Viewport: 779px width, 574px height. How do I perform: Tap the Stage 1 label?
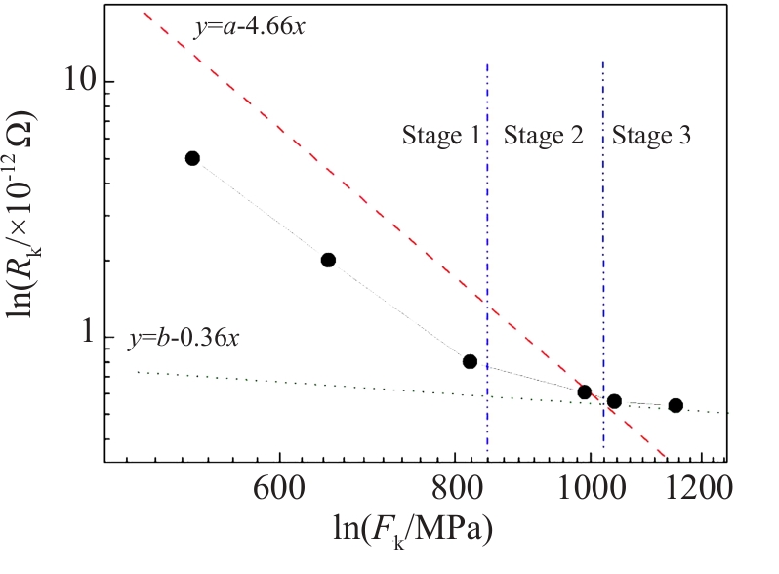click(441, 136)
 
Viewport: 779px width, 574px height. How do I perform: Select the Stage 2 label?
click(543, 136)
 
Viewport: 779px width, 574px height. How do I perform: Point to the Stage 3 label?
click(652, 136)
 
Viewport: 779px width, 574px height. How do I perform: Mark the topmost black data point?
click(192, 158)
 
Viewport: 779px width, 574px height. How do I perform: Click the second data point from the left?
click(328, 260)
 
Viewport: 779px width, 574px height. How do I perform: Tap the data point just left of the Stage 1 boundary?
click(470, 361)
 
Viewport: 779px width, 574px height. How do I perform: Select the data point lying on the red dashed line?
click(584, 392)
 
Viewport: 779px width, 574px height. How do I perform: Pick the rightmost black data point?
click(675, 405)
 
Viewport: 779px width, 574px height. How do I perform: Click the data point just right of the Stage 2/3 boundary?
click(614, 401)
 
